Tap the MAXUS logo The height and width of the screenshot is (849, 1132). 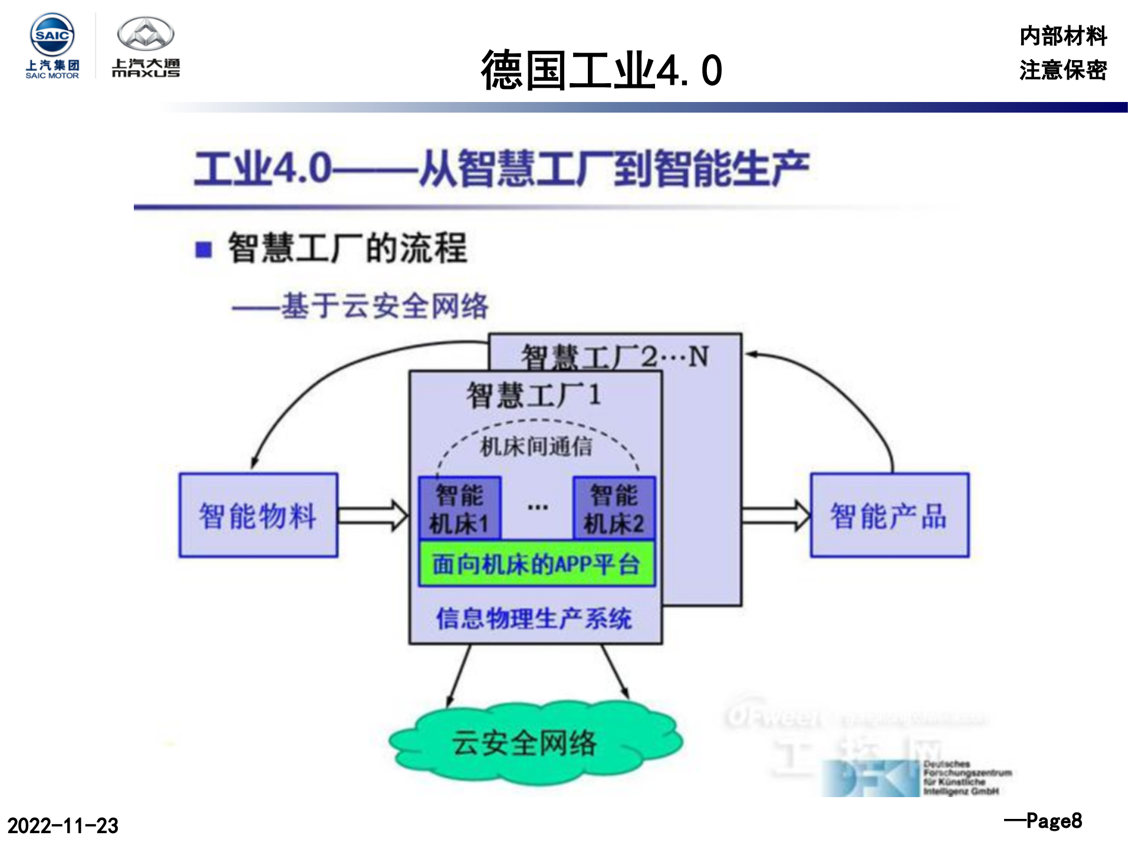(x=146, y=47)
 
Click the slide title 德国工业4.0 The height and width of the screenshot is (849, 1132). (x=601, y=70)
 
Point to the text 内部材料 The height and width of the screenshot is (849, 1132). (x=1062, y=36)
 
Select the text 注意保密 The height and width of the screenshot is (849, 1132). (x=1062, y=70)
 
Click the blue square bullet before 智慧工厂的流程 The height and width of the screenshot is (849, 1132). (x=203, y=249)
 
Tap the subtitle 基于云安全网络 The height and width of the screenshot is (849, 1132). (x=384, y=306)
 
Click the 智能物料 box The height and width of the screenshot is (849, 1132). (x=258, y=515)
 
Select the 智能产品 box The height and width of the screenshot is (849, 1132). (x=889, y=515)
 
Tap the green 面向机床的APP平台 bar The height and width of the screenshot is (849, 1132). (x=536, y=564)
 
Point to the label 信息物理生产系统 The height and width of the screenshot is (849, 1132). (x=534, y=618)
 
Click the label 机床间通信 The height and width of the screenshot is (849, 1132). (x=536, y=447)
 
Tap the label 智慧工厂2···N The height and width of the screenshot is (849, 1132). (x=615, y=356)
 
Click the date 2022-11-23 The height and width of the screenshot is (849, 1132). (x=62, y=825)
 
